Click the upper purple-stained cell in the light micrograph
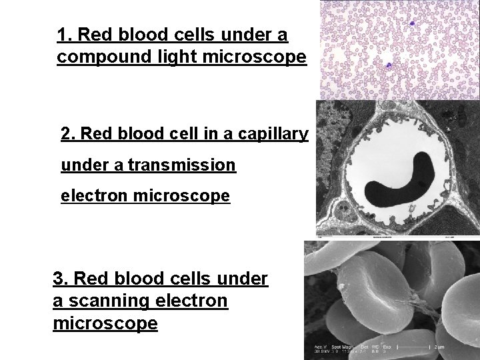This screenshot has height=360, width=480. pos(413,23)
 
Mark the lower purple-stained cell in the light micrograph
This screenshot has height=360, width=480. pos(388,65)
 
